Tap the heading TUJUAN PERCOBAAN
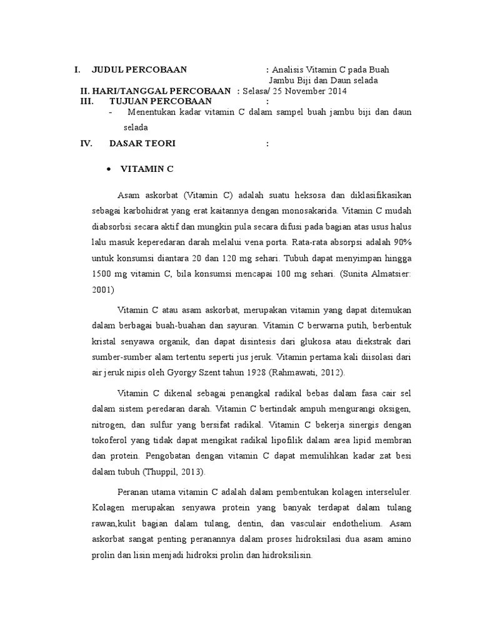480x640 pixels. [x=161, y=101]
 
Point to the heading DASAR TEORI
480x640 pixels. [x=142, y=144]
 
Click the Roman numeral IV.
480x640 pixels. [x=86, y=144]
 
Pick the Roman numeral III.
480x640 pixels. [x=86, y=101]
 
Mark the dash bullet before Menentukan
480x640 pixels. [x=111, y=112]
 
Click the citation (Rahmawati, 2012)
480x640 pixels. [x=301, y=373]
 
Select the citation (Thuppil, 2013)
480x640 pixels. [x=173, y=472]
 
